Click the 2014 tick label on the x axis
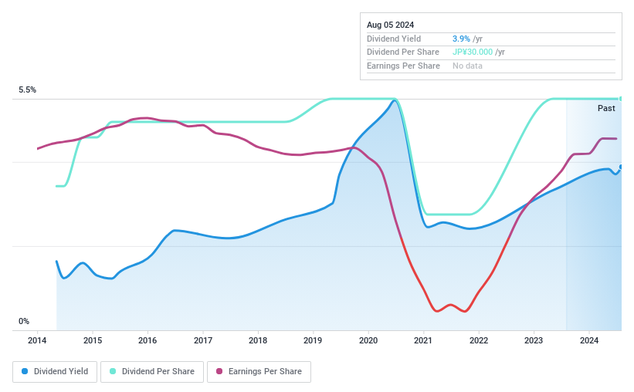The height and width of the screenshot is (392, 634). click(x=37, y=340)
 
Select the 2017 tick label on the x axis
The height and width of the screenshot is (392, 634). click(x=202, y=340)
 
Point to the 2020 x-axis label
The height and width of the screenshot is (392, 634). click(x=368, y=340)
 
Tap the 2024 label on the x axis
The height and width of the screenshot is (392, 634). click(x=589, y=340)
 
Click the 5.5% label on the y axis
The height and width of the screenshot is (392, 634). click(x=28, y=90)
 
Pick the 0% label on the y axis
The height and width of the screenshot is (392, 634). click(x=24, y=321)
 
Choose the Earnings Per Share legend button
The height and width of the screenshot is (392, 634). click(x=259, y=371)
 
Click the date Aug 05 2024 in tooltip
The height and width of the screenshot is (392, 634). click(x=392, y=25)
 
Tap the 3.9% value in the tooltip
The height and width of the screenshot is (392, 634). click(x=462, y=39)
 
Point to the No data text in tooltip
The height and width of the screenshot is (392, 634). click(x=468, y=66)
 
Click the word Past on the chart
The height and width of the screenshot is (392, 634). click(x=606, y=108)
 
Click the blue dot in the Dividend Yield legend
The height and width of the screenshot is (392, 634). click(x=25, y=371)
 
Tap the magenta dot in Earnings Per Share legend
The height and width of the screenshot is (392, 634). click(x=220, y=371)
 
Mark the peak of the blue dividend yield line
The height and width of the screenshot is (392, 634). click(x=395, y=100)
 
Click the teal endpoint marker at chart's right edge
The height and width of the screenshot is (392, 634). click(x=621, y=98)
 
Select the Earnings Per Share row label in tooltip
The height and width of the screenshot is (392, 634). click(x=403, y=66)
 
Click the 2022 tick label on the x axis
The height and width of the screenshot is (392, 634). click(x=479, y=340)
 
